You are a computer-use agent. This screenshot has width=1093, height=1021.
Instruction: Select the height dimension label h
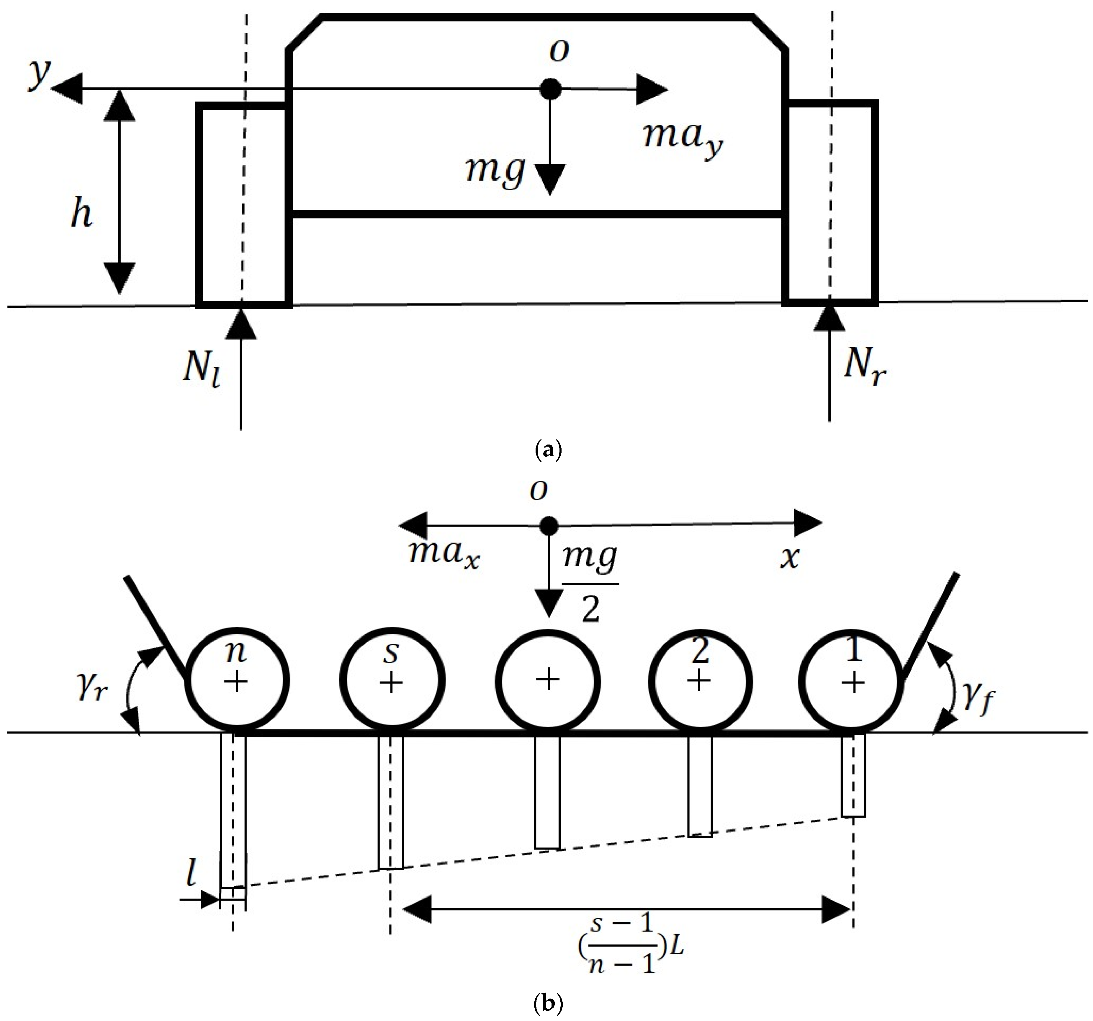pos(81,213)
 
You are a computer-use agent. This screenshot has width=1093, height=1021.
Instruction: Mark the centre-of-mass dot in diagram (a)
pos(550,89)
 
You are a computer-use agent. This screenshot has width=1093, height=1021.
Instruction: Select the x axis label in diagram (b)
pos(790,558)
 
